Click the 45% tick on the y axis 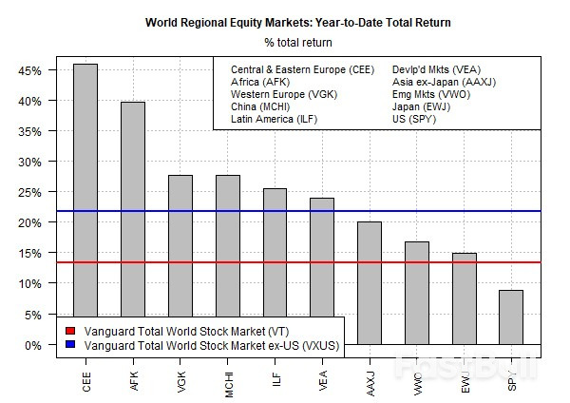[x=28, y=70]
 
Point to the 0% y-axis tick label [x=31, y=344]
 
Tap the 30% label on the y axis [x=28, y=162]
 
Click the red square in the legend [x=70, y=331]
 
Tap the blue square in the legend [x=70, y=345]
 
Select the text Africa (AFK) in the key [x=260, y=82]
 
